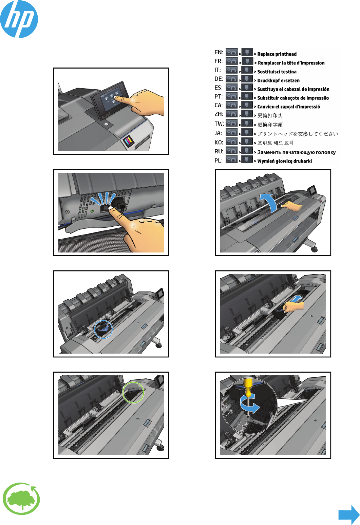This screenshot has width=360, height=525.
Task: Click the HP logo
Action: [19, 19]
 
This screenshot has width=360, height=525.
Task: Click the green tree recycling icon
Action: [21, 499]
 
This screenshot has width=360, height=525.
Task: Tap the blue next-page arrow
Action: [349, 515]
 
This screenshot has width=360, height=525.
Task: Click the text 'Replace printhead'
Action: [277, 54]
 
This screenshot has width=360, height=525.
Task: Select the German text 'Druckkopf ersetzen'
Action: [278, 80]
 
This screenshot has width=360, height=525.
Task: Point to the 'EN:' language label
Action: [219, 52]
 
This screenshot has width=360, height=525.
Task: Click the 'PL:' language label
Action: [219, 161]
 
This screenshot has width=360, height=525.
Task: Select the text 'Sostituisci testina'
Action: [277, 72]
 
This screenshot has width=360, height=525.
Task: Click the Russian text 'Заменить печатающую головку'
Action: [296, 152]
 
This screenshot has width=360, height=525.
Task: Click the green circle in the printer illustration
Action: [133, 393]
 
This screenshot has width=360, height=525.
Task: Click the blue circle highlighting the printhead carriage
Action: [103, 329]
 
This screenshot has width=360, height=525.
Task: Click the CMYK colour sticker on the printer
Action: [128, 140]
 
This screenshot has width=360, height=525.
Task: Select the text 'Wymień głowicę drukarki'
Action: [284, 161]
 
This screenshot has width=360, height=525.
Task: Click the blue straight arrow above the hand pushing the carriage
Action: [296, 298]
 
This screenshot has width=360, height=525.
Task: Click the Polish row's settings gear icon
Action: [232, 159]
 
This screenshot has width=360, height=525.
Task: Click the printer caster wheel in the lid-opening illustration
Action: [314, 249]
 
